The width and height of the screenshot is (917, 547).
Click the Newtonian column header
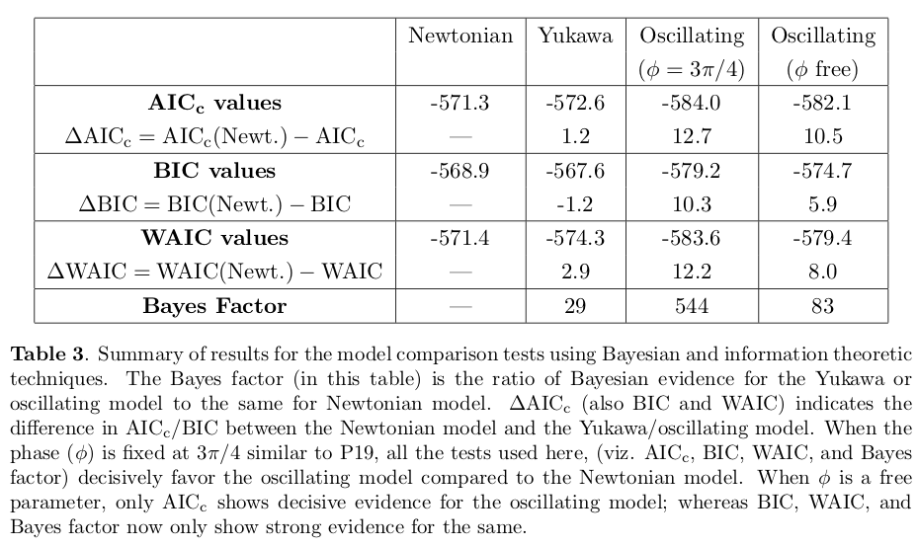(x=460, y=37)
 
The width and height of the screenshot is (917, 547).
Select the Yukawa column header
(x=575, y=37)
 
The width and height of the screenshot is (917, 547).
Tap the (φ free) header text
(x=822, y=70)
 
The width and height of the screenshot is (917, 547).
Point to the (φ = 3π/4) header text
(x=691, y=70)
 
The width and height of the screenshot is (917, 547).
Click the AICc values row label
(x=214, y=103)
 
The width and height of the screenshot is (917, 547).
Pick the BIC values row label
(x=214, y=171)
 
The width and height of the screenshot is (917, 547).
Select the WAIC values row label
(x=214, y=238)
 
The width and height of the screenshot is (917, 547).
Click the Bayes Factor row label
(x=214, y=305)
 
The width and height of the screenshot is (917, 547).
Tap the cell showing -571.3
(x=460, y=103)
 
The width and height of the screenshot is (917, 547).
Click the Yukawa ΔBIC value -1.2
(x=575, y=204)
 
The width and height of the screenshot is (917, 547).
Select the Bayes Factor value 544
(x=691, y=305)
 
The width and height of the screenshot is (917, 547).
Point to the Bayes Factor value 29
(x=575, y=305)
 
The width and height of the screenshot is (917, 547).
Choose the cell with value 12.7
(x=691, y=137)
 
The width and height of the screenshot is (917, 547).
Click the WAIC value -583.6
(x=691, y=238)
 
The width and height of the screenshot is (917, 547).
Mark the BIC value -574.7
(x=822, y=171)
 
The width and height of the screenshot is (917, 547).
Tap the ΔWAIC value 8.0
(x=822, y=272)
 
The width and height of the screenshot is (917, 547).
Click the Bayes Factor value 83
(x=822, y=305)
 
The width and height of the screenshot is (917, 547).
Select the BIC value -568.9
(x=460, y=171)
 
